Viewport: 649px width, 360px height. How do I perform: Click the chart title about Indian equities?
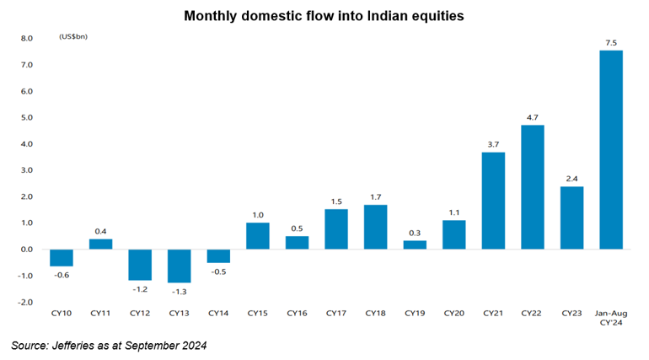324,15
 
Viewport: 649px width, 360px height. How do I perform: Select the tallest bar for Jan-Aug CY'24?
610,149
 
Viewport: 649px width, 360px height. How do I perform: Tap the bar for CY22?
532,186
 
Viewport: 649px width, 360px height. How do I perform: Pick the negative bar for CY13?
179,266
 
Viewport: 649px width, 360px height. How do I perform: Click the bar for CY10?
61,257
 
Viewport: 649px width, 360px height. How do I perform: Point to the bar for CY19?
415,244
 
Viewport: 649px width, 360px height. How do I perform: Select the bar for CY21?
493,200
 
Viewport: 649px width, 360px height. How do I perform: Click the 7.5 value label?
611,42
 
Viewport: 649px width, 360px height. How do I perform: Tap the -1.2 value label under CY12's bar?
140,288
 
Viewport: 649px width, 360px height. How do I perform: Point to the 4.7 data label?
532,116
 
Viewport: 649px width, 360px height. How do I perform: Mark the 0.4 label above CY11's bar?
100,230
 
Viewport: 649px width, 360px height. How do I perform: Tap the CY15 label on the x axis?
257,314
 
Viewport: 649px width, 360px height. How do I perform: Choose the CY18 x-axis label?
375,314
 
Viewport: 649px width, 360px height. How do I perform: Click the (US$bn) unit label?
73,38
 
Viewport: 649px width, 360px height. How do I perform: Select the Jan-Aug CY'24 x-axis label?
611,318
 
